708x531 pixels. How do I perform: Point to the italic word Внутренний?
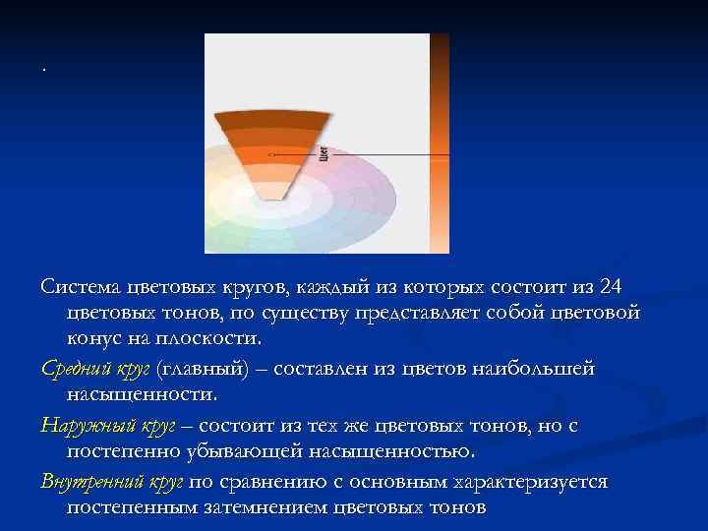pyautogui.click(x=88, y=482)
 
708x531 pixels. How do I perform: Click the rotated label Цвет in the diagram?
pyautogui.click(x=324, y=153)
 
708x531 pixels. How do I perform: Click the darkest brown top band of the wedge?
pyautogui.click(x=272, y=118)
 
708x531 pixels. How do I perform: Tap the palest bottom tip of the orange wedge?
pyautogui.click(x=272, y=190)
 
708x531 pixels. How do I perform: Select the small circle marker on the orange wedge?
pyautogui.click(x=271, y=154)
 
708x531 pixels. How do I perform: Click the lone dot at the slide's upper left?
pyautogui.click(x=44, y=70)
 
